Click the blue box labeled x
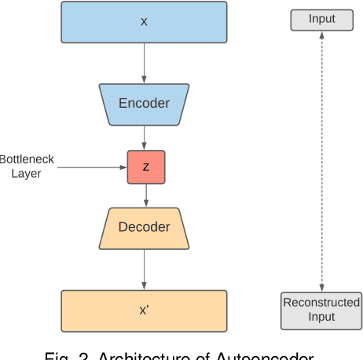coord(144,21)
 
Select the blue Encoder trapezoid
coord(144,103)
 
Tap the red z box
coord(146,167)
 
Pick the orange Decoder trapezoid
coord(144,227)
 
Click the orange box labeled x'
coord(144,310)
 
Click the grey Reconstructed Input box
coord(321,310)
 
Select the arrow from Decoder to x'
coord(144,267)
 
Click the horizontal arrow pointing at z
coord(91,167)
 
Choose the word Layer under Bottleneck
coord(26,174)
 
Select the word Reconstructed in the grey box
coord(321,303)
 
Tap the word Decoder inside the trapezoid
coord(144,227)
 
